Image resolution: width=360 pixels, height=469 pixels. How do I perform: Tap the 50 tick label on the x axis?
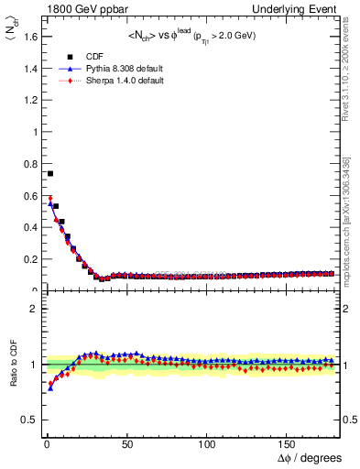(126, 443)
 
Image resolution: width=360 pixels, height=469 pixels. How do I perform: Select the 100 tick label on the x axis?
(207, 443)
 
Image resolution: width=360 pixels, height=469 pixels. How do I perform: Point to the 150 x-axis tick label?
(288, 443)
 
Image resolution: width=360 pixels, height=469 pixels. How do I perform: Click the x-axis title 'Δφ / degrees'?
(310, 457)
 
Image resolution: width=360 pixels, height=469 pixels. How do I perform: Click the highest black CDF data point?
(50, 173)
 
